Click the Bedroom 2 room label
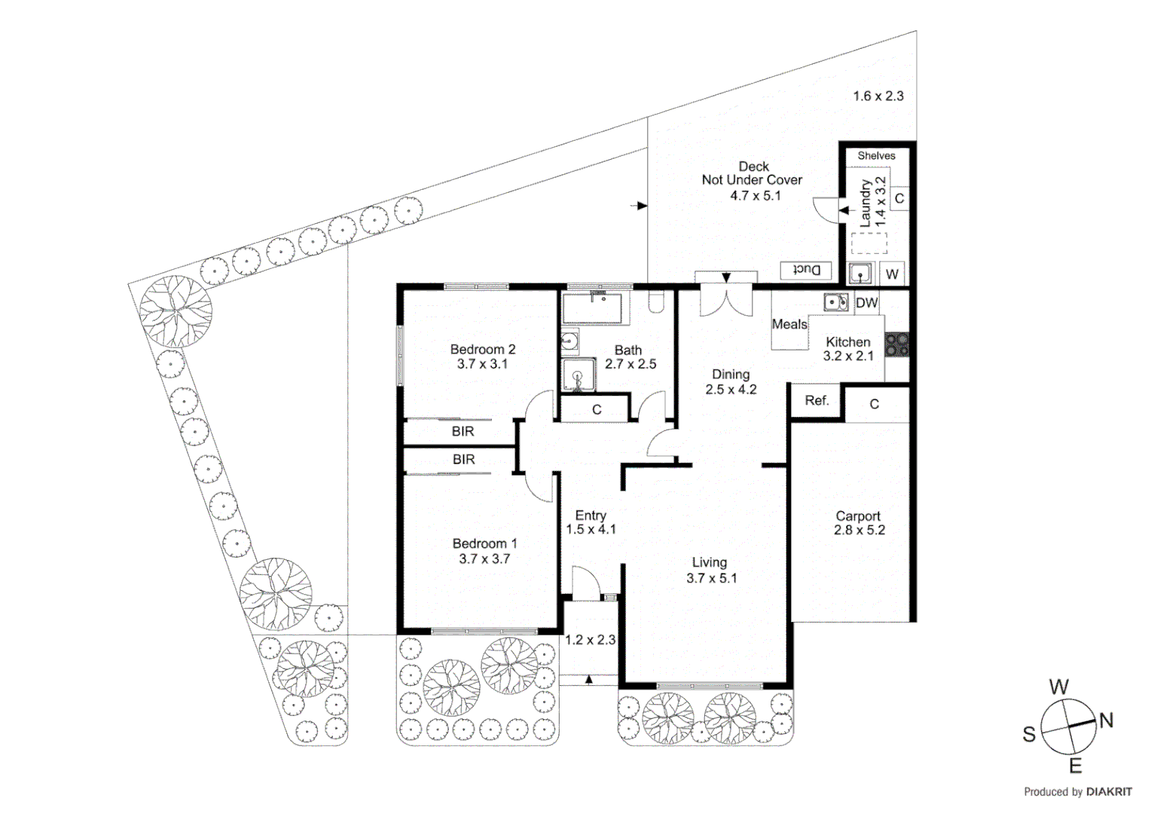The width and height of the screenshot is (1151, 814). (482, 349)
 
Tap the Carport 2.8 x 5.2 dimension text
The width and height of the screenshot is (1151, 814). (859, 530)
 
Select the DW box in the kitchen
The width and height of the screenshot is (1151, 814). (866, 303)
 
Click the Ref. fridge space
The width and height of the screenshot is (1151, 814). (817, 401)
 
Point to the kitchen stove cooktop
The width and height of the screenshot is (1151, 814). (896, 344)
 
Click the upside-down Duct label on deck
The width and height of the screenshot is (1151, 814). (805, 270)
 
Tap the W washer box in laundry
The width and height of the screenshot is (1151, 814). (892, 274)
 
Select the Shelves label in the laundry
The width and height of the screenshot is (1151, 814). (876, 156)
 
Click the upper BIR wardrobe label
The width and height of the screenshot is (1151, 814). (463, 431)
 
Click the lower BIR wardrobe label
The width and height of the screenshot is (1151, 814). (463, 459)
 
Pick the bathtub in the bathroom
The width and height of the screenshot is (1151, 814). (592, 308)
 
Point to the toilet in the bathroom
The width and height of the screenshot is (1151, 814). (655, 303)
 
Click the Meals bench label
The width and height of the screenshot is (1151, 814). (789, 324)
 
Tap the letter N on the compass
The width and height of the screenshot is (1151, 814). (1105, 721)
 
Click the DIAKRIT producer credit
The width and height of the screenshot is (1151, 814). (1108, 791)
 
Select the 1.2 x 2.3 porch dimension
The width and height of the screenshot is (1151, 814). (590, 640)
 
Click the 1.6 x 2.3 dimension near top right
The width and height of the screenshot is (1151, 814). (878, 96)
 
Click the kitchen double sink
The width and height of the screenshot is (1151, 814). (836, 302)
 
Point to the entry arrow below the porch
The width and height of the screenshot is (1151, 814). (589, 679)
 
